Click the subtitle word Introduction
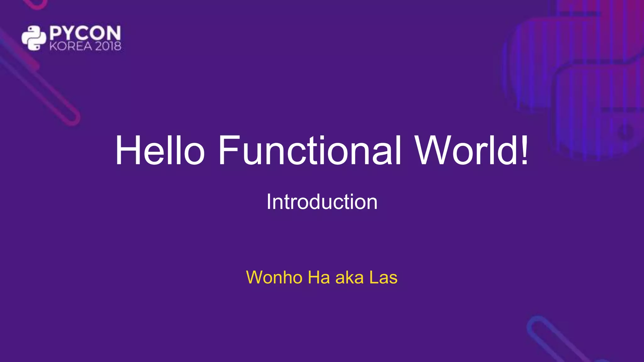tap(322, 202)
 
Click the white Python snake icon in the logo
tap(34, 38)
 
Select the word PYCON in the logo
tap(85, 33)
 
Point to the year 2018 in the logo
tap(108, 47)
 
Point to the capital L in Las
tap(374, 277)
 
